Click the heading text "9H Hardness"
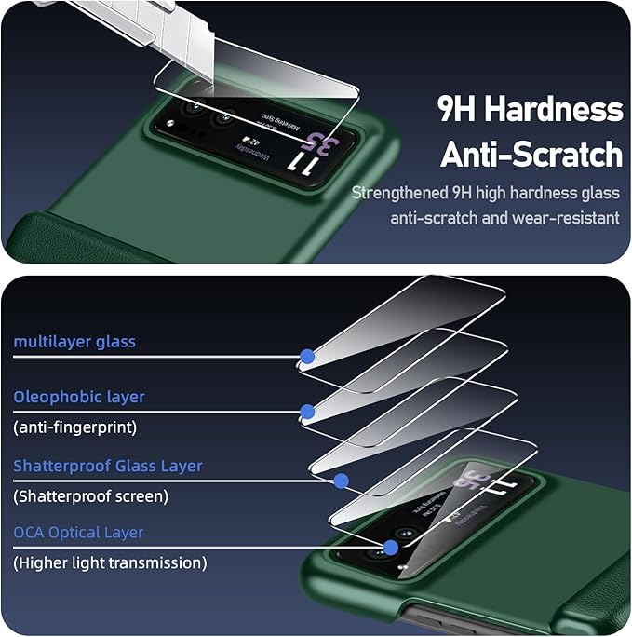(x=530, y=110)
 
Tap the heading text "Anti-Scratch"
(x=531, y=154)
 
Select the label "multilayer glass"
(x=74, y=342)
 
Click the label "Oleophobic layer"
(x=79, y=397)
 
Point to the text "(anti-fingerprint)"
(x=74, y=427)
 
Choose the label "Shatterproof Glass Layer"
(x=107, y=466)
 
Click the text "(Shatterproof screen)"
(x=90, y=496)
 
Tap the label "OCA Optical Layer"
(x=78, y=533)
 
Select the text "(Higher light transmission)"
(x=110, y=562)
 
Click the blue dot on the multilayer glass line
(x=306, y=355)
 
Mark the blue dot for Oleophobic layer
(x=306, y=411)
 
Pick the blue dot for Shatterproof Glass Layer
(x=341, y=481)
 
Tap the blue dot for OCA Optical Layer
(x=391, y=548)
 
